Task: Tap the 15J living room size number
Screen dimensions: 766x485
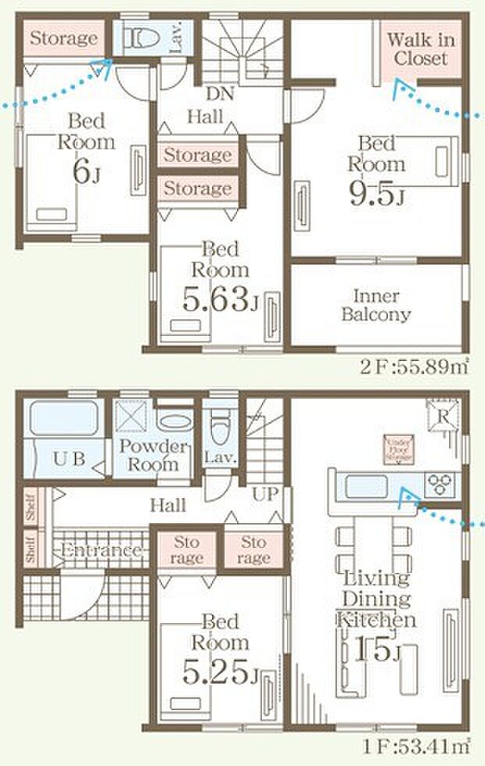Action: coord(376,650)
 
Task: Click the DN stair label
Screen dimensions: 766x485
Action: coord(217,93)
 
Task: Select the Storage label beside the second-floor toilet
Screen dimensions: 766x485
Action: coord(64,38)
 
